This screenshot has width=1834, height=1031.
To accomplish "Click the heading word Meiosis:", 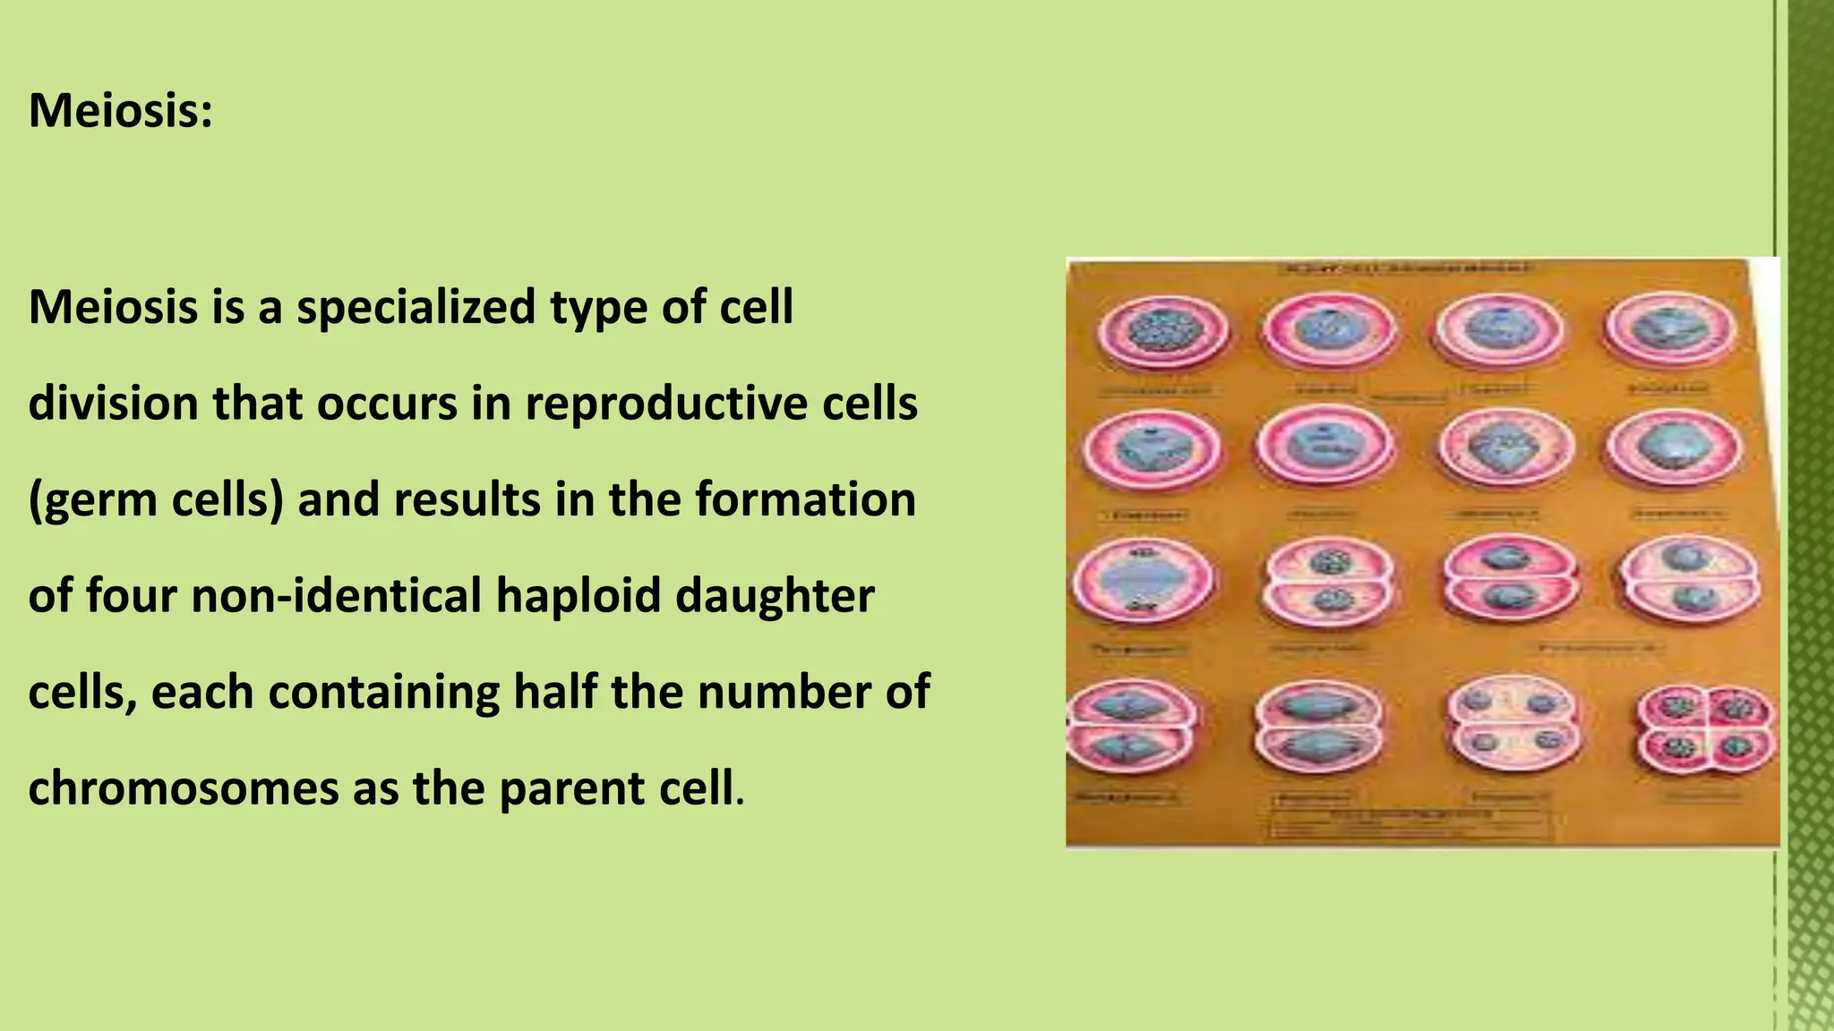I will [x=121, y=112].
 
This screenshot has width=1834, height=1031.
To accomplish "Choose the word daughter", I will [x=775, y=596].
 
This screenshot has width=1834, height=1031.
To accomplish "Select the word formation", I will [x=806, y=499].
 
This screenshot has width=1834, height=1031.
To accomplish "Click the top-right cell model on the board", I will [x=1669, y=329].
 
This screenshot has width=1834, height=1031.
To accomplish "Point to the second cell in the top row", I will [x=1329, y=329].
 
